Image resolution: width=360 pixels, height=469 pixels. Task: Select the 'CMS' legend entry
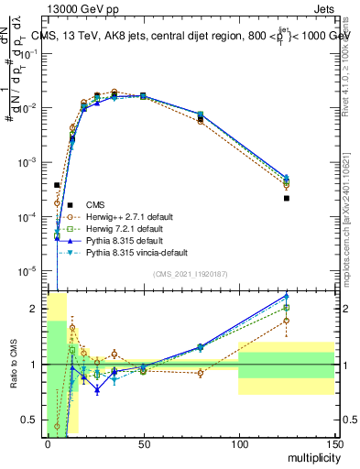[x=95, y=204]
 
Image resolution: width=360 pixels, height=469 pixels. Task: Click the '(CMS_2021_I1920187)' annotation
[x=191, y=274]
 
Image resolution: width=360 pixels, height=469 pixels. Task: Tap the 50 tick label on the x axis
[x=143, y=444]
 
